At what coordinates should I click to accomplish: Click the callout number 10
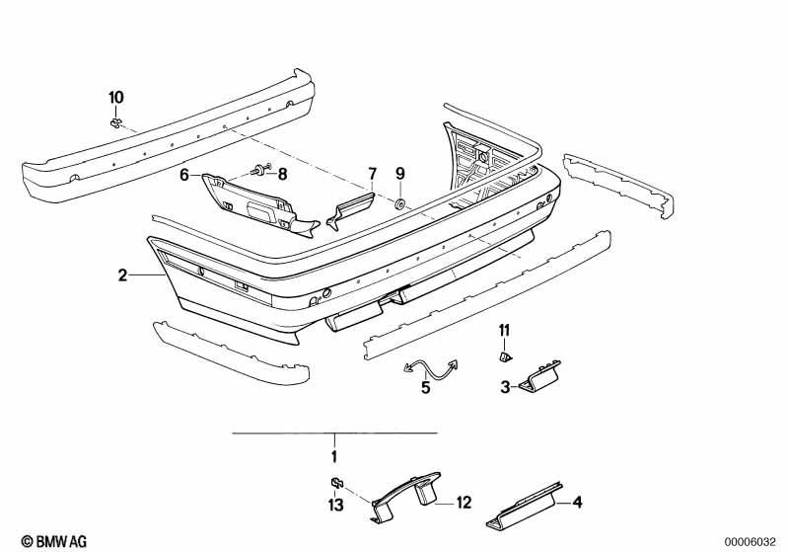(x=116, y=97)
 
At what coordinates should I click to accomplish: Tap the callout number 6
(x=184, y=175)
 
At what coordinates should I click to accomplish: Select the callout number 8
(x=282, y=174)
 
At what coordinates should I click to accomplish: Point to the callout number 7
(x=372, y=174)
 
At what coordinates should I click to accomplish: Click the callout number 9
(x=400, y=174)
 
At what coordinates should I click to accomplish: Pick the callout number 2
(x=122, y=276)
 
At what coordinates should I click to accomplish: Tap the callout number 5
(x=426, y=387)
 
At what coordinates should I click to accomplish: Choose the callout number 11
(x=504, y=330)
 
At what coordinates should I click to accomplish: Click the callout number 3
(x=505, y=387)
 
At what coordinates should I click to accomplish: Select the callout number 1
(x=334, y=457)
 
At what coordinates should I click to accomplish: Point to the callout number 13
(x=335, y=505)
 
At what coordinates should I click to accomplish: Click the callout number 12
(x=464, y=503)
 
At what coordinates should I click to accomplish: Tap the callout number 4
(x=577, y=502)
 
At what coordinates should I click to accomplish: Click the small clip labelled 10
(x=115, y=122)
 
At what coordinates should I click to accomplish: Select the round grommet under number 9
(x=400, y=204)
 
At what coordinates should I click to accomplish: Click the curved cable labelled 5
(x=431, y=369)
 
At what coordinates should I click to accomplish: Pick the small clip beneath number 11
(x=506, y=356)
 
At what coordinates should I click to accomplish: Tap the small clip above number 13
(x=336, y=483)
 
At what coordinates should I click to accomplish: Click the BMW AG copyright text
(x=54, y=541)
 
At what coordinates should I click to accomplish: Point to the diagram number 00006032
(x=751, y=542)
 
